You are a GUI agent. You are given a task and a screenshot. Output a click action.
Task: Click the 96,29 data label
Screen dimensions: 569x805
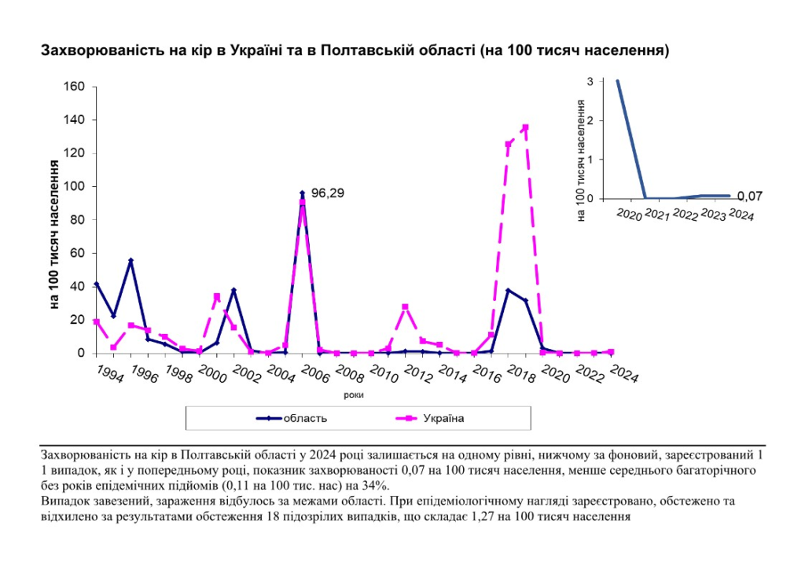click(x=328, y=192)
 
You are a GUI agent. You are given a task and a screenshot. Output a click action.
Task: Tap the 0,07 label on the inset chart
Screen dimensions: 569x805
click(x=749, y=196)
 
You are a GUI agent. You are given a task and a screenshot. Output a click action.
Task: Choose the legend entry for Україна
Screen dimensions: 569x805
click(x=442, y=418)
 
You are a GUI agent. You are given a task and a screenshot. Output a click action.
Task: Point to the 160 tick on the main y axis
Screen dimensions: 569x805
click(x=74, y=86)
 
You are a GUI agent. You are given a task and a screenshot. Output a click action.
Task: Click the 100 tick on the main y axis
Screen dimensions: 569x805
click(x=74, y=186)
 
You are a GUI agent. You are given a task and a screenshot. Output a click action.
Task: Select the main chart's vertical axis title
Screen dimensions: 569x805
click(x=56, y=233)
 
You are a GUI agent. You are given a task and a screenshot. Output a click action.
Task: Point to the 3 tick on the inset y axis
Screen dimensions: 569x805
click(x=590, y=81)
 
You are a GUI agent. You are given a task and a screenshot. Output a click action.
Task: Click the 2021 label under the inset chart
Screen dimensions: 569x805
click(x=658, y=215)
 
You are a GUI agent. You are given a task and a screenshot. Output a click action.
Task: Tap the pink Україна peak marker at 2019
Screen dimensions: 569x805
click(x=525, y=127)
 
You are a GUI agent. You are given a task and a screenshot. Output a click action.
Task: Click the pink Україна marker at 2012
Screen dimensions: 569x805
click(x=405, y=307)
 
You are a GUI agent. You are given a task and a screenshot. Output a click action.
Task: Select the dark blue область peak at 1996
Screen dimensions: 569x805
click(x=130, y=260)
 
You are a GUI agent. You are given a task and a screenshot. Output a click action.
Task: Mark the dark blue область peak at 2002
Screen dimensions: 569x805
click(x=233, y=290)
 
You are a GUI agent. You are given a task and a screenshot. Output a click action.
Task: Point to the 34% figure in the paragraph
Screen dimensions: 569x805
click(x=390, y=485)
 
